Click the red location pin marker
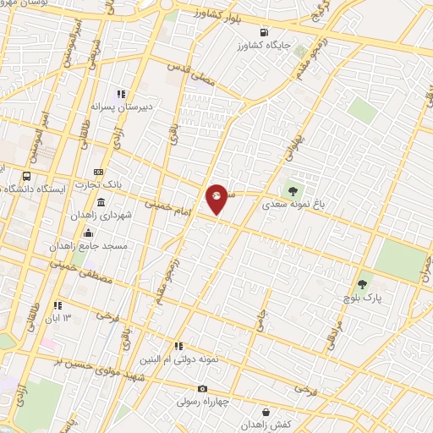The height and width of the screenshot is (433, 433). (217, 198)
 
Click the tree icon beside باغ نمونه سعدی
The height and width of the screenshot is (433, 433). (293, 190)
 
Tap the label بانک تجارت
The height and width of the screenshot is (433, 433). (98, 184)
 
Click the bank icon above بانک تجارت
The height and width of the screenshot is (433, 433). (99, 171)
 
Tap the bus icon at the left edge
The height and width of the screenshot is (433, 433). (27, 177)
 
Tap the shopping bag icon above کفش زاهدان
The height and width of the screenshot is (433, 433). (267, 412)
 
